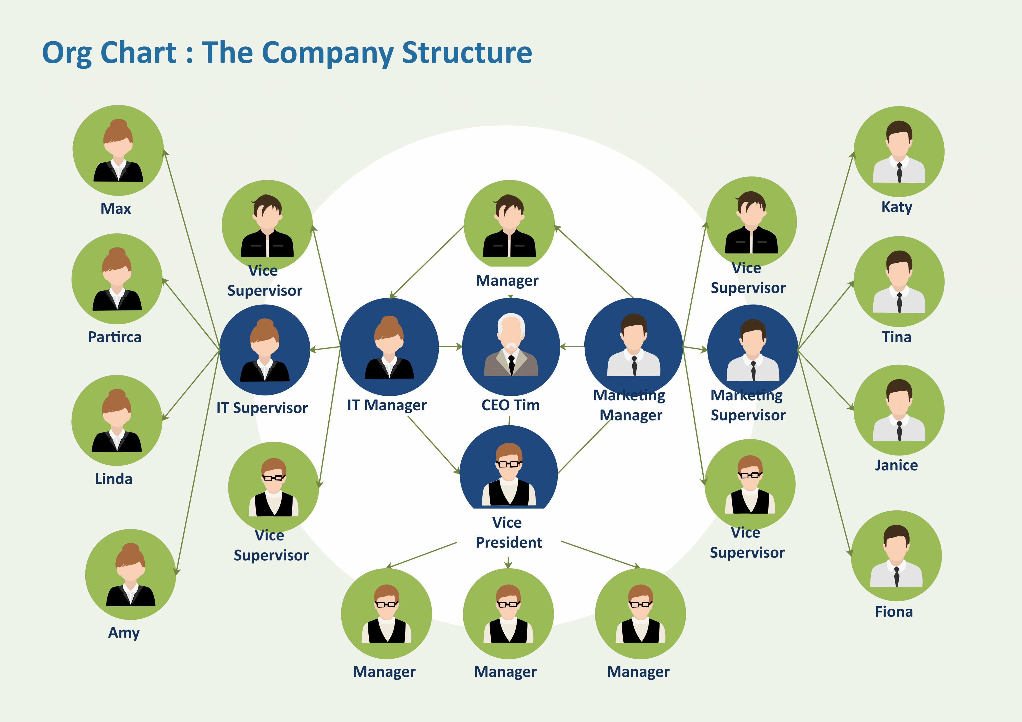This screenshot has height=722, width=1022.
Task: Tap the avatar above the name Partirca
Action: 117,279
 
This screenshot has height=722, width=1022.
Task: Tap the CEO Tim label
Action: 510,405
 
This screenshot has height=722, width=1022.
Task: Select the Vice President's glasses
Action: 508,464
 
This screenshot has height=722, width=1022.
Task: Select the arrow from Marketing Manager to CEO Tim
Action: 572,346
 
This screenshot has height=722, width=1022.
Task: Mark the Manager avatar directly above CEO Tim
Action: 509,225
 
